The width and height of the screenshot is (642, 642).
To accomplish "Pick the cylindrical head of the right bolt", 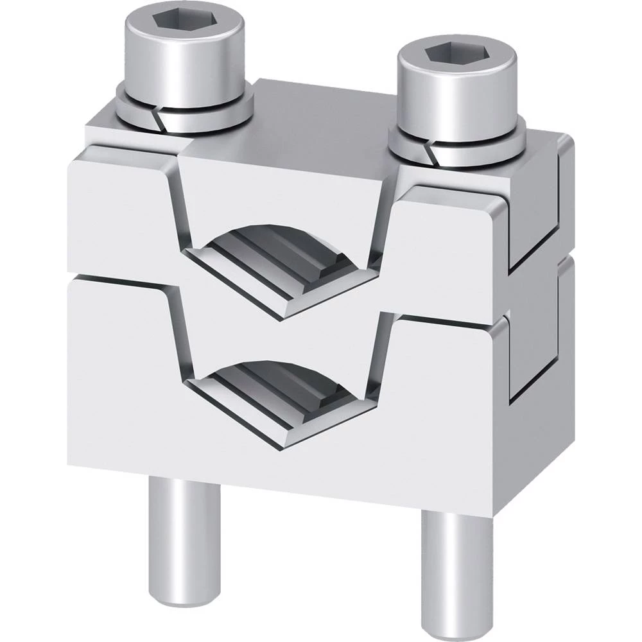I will tap(456, 103).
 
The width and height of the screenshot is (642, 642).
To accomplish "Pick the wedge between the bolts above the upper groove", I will tap(282, 186).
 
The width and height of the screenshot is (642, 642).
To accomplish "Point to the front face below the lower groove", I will tap(282, 475).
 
